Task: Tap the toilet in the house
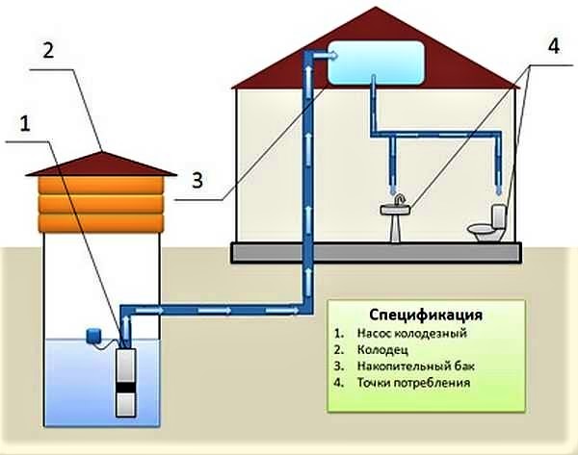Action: tap(487, 225)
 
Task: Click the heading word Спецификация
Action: tap(426, 316)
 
